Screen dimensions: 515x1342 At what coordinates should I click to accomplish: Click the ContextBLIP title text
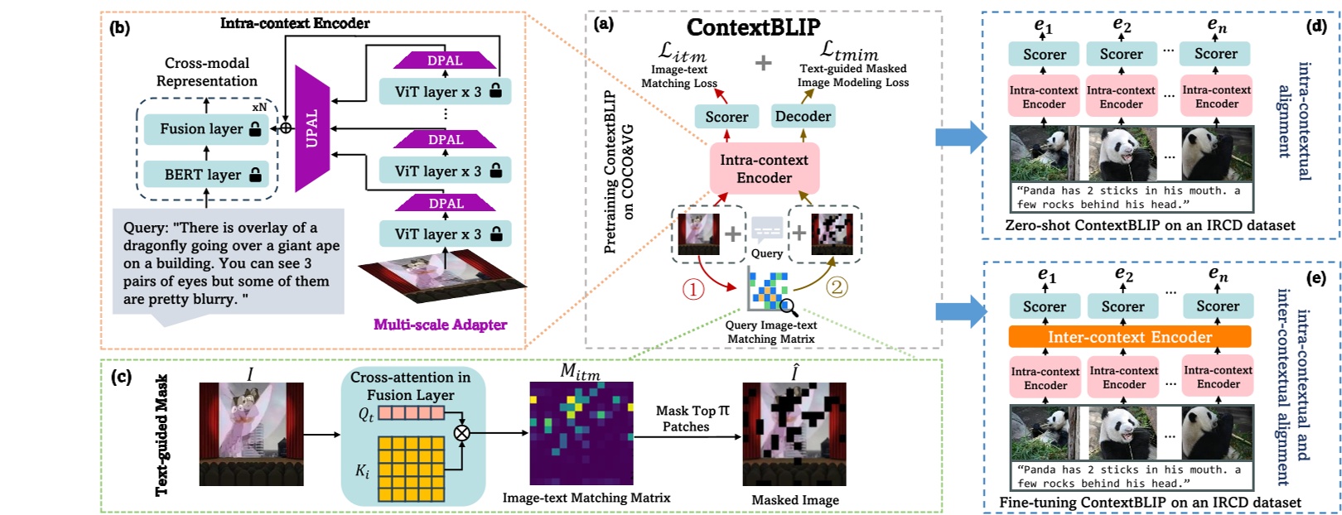(753, 27)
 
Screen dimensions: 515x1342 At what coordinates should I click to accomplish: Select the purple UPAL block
(312, 128)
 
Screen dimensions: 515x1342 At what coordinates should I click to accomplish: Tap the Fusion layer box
(206, 129)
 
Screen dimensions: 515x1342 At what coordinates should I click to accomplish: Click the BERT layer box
(206, 175)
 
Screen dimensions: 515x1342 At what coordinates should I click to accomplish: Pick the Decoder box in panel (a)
(803, 117)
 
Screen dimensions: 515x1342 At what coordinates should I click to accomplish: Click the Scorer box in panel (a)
(727, 118)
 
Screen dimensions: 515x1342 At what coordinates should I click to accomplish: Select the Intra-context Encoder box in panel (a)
(764, 169)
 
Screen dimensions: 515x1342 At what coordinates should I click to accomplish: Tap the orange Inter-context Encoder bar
(1129, 337)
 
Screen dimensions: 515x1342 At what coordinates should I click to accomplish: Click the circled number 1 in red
(693, 289)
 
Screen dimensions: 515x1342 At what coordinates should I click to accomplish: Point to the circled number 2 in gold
(838, 286)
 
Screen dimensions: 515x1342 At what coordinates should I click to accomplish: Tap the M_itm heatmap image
(582, 433)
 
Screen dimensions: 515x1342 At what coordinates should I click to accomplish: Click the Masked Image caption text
(794, 500)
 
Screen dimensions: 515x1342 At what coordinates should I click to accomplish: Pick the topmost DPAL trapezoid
(445, 60)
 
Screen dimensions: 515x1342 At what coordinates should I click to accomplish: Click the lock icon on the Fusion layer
(255, 129)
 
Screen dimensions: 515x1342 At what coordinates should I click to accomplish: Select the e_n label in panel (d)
(1216, 26)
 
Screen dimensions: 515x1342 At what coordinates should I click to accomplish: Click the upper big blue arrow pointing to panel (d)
(960, 137)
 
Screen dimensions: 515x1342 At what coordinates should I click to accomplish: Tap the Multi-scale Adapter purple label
(440, 325)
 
